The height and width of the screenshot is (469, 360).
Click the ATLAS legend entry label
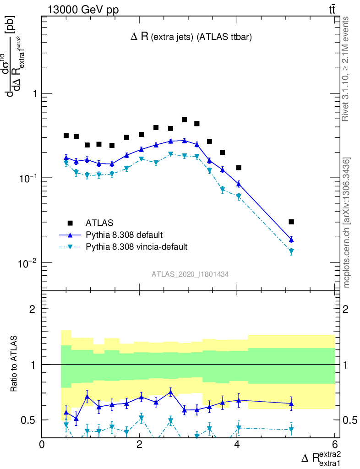pyautogui.click(x=99, y=223)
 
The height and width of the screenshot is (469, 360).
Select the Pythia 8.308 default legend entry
pyautogui.click(x=124, y=235)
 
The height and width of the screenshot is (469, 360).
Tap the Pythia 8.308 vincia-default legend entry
pyautogui.click(x=136, y=247)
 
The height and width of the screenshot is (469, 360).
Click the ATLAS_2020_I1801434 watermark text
pyautogui.click(x=190, y=274)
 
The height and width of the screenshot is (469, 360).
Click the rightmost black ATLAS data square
pyautogui.click(x=291, y=222)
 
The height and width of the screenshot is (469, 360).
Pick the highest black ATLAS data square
pyautogui.click(x=185, y=120)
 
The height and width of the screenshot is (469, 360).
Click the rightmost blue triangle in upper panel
pyautogui.click(x=291, y=240)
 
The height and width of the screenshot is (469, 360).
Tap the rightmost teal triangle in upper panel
pyautogui.click(x=291, y=251)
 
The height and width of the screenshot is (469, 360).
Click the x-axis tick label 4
pyautogui.click(x=237, y=444)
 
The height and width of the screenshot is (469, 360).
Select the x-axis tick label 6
pyautogui.click(x=334, y=444)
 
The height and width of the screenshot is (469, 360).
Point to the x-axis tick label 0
pyautogui.click(x=42, y=444)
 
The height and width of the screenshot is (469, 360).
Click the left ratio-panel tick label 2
pyautogui.click(x=33, y=309)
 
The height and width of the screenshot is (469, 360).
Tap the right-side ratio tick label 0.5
pyautogui.click(x=350, y=420)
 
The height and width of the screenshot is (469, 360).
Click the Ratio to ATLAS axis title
pyautogui.click(x=15, y=365)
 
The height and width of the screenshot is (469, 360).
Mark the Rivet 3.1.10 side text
pyautogui.click(x=345, y=69)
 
